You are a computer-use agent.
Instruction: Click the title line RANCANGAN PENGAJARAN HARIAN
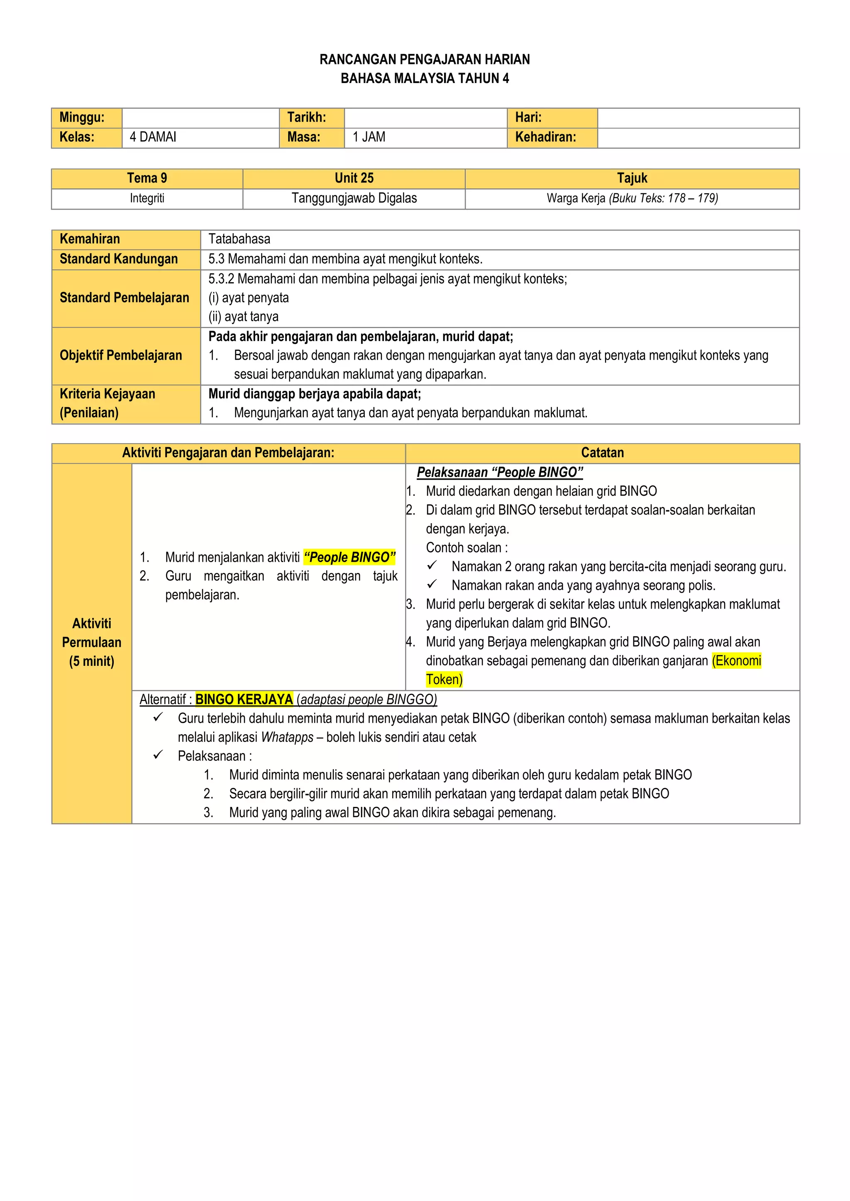point(425,60)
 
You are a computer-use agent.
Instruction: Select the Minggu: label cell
point(82,118)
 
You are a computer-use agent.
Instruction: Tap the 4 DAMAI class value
point(153,137)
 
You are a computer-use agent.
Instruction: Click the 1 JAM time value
point(369,137)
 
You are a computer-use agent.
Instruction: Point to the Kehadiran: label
point(545,137)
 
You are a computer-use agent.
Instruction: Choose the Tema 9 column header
point(147,178)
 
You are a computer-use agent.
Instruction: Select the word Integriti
point(147,198)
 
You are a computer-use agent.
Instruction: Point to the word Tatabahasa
point(239,239)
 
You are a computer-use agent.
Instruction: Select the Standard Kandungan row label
point(119,259)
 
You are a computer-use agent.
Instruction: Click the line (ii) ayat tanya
point(243,317)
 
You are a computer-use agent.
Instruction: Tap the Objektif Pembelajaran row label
point(120,355)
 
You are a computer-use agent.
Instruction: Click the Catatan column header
point(603,453)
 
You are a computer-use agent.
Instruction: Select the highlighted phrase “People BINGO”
point(349,557)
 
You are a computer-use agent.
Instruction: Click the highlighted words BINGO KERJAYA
point(244,699)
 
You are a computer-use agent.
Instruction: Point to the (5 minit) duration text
point(92,661)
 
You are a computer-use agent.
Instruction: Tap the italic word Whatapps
point(287,737)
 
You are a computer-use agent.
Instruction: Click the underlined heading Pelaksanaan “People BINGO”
point(500,473)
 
